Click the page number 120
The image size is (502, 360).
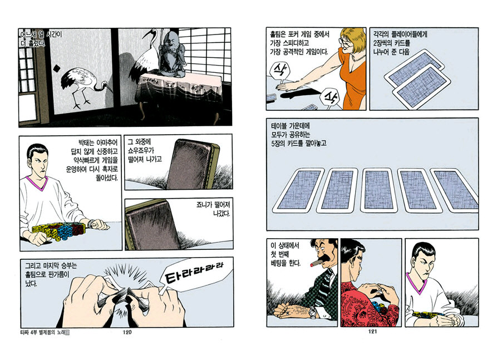[127, 332]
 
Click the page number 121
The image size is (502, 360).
[372, 332]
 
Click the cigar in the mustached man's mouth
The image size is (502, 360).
[315, 264]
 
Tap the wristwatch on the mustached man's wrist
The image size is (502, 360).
[313, 312]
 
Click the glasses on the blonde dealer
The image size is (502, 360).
[346, 44]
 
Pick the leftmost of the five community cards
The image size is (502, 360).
[298, 190]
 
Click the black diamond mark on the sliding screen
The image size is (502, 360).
[56, 68]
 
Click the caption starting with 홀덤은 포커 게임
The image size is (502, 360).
[299, 43]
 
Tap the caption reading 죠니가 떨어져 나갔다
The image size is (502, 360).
[213, 209]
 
